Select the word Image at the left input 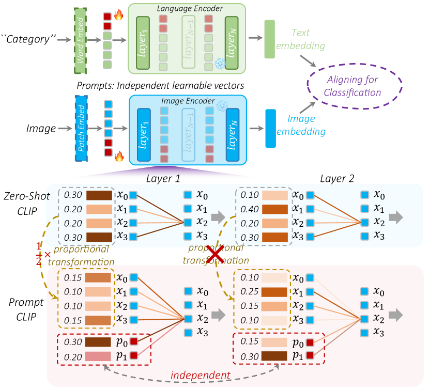tap(41, 128)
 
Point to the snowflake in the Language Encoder tap(220, 64)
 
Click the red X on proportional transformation tap(216, 255)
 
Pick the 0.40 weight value tap(248, 209)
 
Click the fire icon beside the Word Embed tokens tap(118, 16)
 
